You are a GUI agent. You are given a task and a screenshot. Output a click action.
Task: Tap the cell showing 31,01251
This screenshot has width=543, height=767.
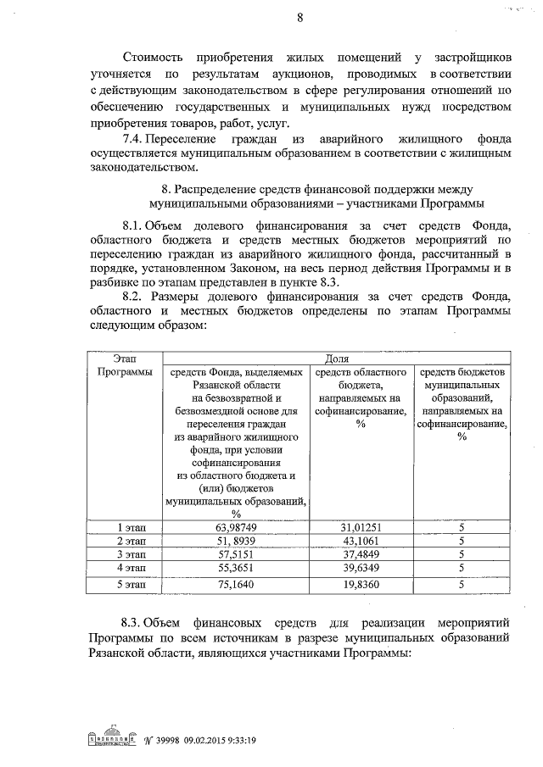(361, 526)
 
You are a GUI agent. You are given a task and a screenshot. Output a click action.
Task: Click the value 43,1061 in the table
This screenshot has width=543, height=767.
(361, 540)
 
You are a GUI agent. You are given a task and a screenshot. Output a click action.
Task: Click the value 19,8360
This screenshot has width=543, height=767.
(361, 584)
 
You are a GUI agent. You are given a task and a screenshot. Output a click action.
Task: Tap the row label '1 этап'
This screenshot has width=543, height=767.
(132, 526)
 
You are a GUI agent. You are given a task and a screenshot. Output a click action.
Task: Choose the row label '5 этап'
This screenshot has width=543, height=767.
(132, 584)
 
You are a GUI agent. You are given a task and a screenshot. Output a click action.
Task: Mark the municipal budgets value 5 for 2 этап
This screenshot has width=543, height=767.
(461, 540)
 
